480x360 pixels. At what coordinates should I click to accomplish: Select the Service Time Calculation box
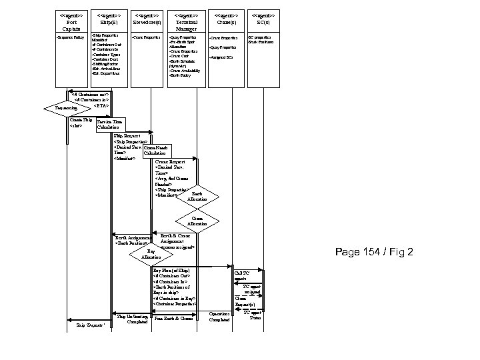click(x=110, y=125)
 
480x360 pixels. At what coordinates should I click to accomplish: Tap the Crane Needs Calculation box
click(x=157, y=151)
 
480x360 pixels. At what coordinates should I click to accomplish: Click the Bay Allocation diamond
click(x=151, y=254)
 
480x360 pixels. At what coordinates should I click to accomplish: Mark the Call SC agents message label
click(x=241, y=275)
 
